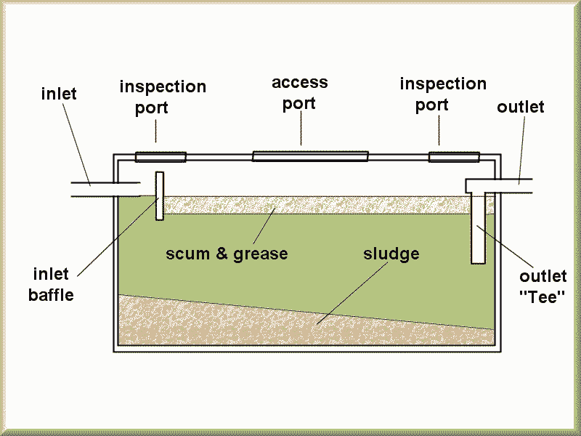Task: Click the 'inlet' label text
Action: click(59, 94)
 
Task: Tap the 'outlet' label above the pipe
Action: click(520, 107)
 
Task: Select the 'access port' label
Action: click(299, 93)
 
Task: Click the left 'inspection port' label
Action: click(163, 97)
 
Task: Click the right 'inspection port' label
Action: click(442, 94)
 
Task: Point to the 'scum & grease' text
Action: click(227, 254)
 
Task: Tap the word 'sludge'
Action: click(391, 254)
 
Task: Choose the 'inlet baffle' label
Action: click(51, 284)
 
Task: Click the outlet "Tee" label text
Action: click(543, 286)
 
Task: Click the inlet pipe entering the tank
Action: click(105, 189)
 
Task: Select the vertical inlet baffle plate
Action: click(159, 195)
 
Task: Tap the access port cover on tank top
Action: click(310, 156)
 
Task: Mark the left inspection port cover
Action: click(161, 156)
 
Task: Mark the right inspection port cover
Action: click(454, 156)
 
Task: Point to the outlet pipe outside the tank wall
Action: click(517, 186)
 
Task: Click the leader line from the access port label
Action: click(300, 131)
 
